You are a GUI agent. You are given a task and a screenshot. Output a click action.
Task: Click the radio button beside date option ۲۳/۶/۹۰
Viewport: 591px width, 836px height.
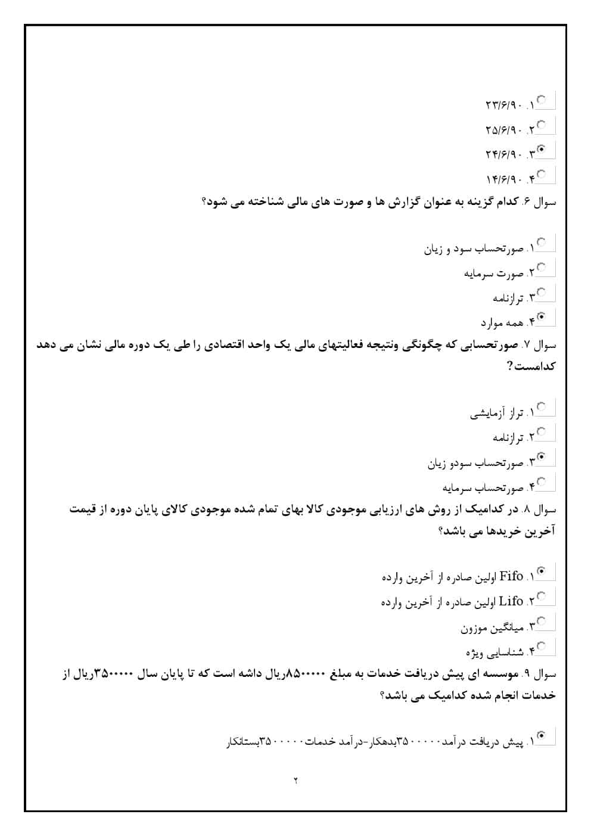(542, 100)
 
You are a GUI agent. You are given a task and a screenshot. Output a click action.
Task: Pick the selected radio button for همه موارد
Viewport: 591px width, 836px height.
(542, 316)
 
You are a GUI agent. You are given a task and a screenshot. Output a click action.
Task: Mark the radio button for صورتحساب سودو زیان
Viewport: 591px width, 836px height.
(542, 457)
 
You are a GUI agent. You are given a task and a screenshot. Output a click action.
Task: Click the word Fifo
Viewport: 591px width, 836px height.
(511, 576)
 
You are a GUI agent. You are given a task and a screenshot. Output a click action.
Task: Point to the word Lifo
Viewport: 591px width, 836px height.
(511, 601)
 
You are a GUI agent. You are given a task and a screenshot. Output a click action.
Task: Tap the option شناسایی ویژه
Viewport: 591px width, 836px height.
(494, 651)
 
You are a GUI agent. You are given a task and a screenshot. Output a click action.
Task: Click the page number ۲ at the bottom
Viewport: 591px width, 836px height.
(295, 781)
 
